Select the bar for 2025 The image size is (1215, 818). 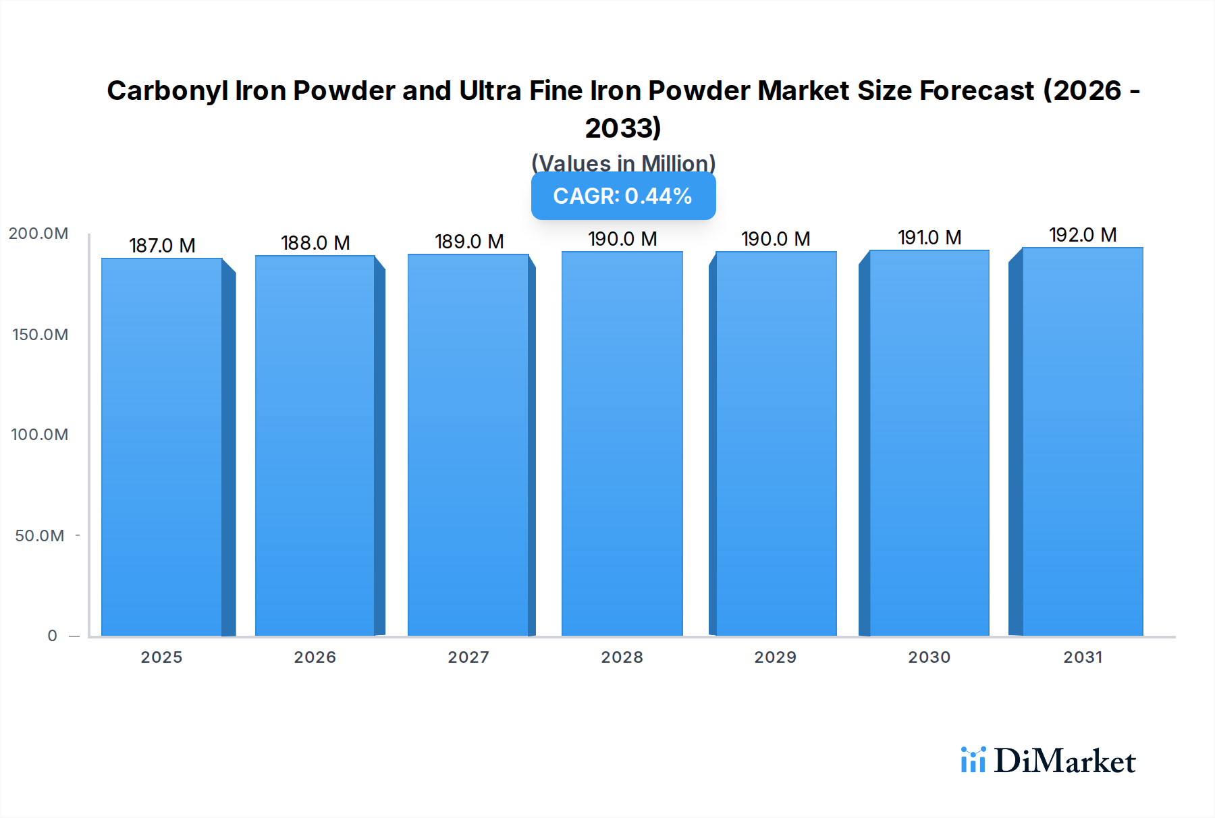[162, 447]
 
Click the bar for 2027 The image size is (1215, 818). [468, 445]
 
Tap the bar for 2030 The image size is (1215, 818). [929, 443]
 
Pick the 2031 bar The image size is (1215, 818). [1083, 442]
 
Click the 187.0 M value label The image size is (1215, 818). [162, 246]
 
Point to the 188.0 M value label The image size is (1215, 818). [315, 243]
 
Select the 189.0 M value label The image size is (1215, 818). [469, 242]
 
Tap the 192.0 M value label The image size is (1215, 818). [1083, 235]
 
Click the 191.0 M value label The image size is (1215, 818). [929, 238]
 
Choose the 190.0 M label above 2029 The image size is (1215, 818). [776, 239]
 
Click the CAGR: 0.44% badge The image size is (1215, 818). [623, 196]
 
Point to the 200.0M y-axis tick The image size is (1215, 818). [38, 234]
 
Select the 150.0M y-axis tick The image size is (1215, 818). [40, 335]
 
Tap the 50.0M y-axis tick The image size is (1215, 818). [40, 536]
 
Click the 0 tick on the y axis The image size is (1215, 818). [52, 636]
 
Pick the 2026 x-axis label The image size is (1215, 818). [315, 657]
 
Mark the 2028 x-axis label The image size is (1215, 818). [622, 657]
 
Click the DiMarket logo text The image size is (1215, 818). [1064, 761]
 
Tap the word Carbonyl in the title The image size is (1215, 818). [167, 91]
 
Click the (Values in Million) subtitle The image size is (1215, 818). [623, 163]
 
